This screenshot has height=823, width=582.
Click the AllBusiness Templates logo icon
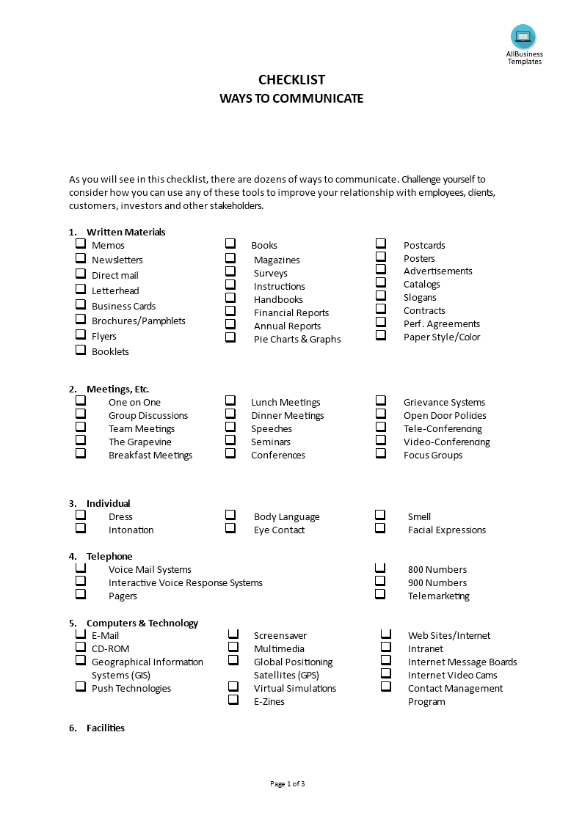[523, 37]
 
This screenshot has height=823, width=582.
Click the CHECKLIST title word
[291, 80]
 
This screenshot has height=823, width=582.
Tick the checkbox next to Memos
[81, 244]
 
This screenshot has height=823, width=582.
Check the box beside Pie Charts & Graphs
[230, 337]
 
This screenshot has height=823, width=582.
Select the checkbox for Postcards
[381, 244]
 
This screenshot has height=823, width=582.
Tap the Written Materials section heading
[126, 232]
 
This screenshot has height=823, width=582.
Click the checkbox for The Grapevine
[81, 441]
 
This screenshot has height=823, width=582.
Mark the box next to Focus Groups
[381, 453]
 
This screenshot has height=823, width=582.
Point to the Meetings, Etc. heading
[117, 389]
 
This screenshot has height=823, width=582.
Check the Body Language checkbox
[230, 515]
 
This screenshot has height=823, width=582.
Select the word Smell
[419, 516]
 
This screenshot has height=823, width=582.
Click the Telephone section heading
[109, 556]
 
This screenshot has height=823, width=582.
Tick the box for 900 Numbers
[380, 581]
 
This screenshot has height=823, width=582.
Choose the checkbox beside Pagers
[81, 594]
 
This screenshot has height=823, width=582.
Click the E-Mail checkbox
[81, 634]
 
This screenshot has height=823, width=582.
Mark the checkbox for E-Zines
[233, 700]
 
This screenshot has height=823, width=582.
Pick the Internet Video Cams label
[452, 675]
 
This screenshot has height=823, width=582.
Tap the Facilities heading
[105, 728]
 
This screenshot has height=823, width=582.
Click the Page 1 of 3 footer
[288, 783]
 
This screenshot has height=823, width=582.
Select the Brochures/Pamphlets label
[138, 321]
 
